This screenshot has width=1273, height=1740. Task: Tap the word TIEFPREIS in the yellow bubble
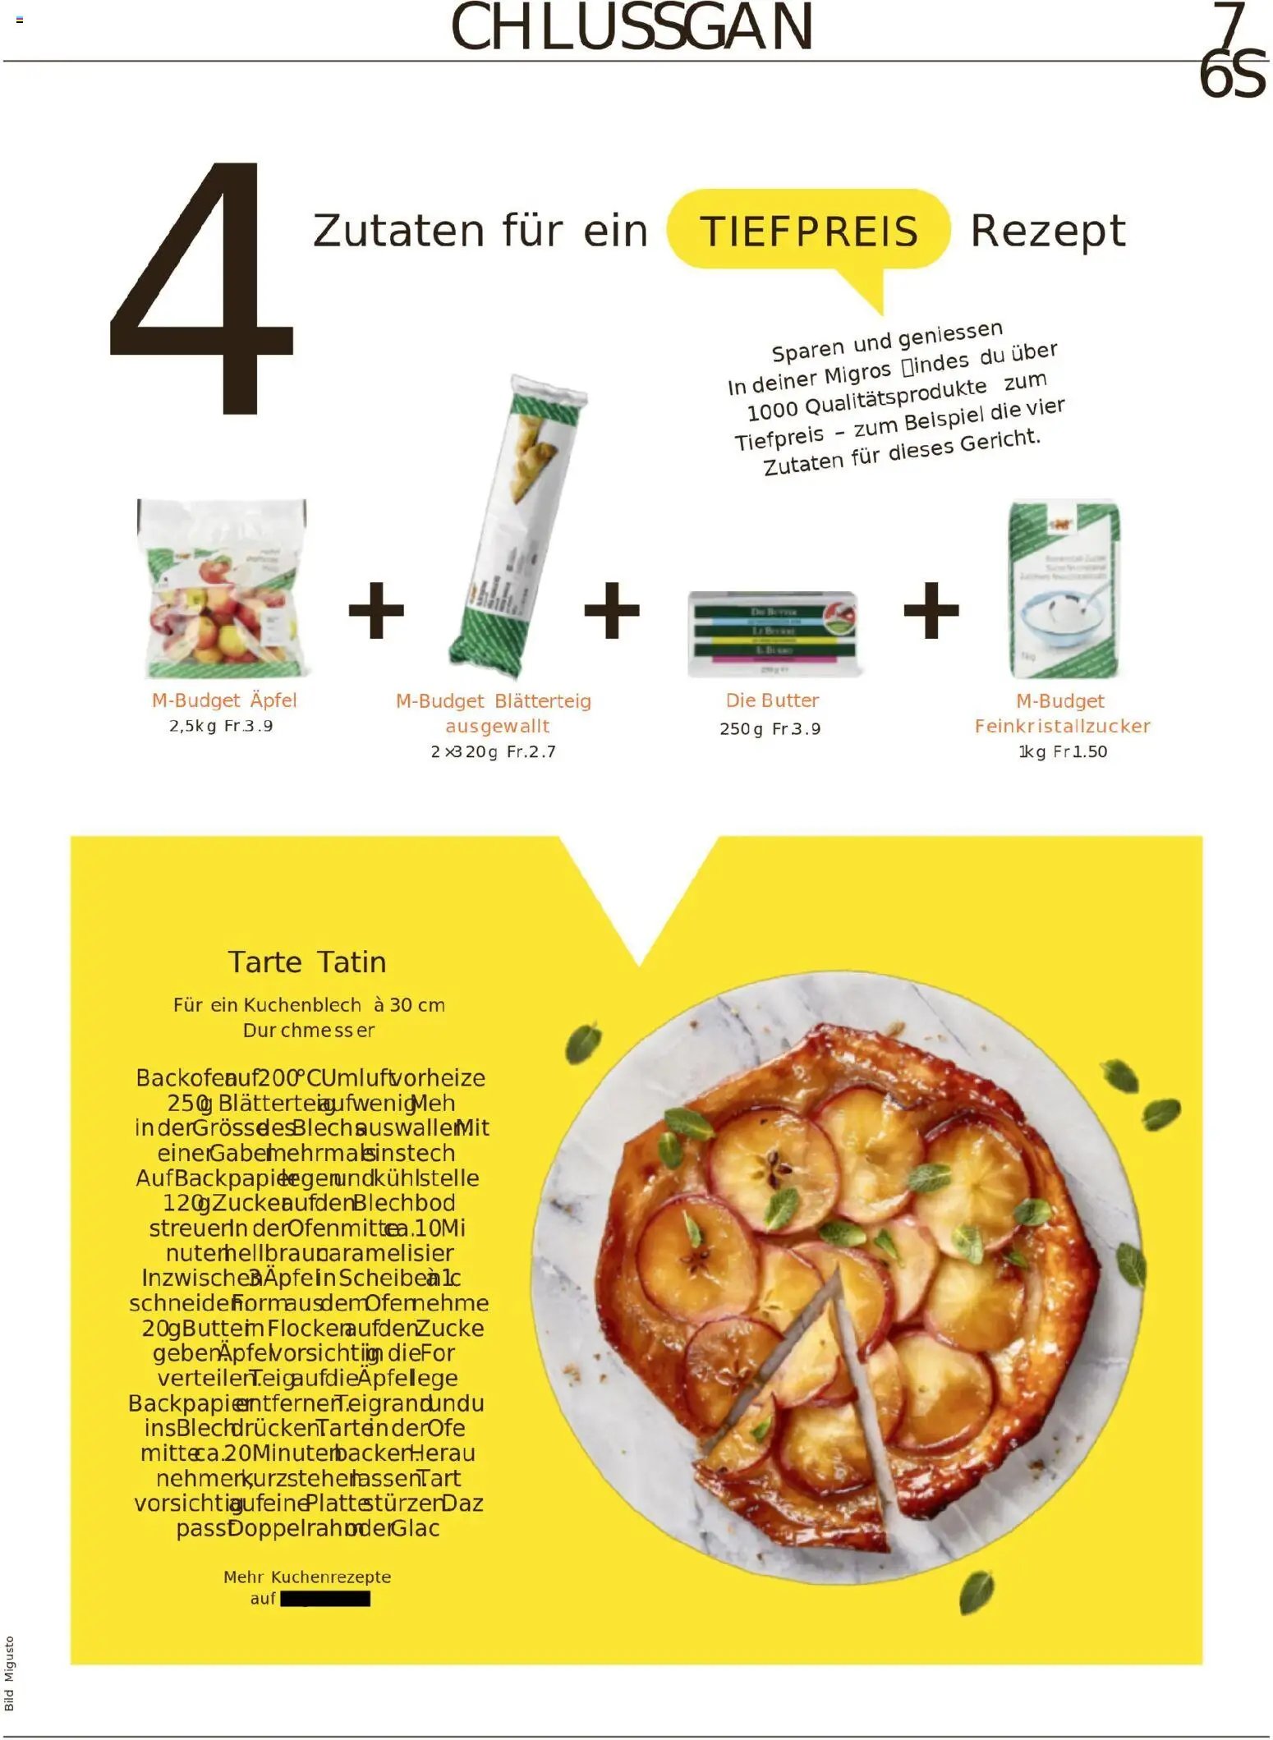[x=808, y=231]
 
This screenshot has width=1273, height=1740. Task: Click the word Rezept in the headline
[x=1047, y=231]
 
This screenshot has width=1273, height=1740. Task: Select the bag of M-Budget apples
[x=222, y=587]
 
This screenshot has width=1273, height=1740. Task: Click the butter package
[x=772, y=633]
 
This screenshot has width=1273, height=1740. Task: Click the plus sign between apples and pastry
[x=376, y=610]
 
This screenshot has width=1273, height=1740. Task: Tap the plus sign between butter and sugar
[x=931, y=610]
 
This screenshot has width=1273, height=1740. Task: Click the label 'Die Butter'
[x=772, y=700]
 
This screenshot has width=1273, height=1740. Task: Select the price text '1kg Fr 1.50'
[x=1063, y=751]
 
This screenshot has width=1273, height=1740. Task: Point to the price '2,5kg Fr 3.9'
[x=221, y=726]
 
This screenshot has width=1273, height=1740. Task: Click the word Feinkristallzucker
[x=1062, y=726]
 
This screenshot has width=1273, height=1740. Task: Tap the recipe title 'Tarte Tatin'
[x=307, y=962]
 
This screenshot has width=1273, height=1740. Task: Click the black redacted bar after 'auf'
[x=325, y=1599]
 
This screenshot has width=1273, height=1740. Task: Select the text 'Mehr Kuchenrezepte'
[x=307, y=1577]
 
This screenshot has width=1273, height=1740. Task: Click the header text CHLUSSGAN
[x=632, y=27]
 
